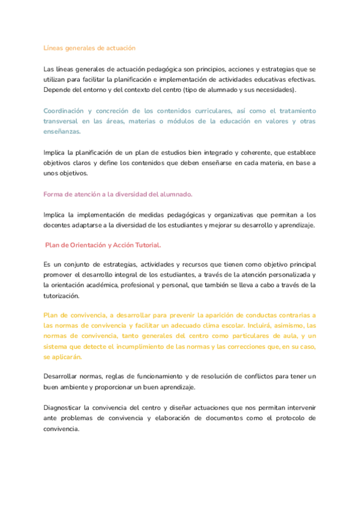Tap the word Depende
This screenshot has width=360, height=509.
(58, 89)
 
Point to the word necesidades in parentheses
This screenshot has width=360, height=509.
(274, 89)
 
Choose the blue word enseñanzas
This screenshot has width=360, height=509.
(62, 131)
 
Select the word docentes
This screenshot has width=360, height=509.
(59, 225)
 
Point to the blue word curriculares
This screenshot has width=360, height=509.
(223, 111)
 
